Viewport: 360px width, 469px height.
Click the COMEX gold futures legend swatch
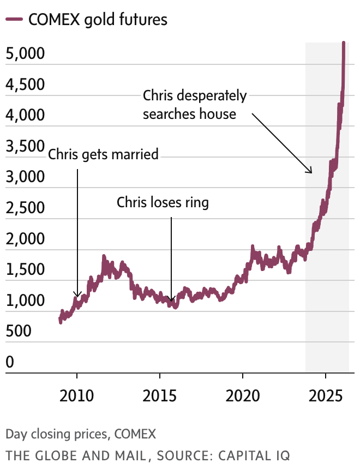14,20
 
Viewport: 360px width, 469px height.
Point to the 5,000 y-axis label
25,54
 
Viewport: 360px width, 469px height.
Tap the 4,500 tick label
25,85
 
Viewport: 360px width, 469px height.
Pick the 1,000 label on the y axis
25,300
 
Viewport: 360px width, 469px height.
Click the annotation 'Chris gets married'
103,154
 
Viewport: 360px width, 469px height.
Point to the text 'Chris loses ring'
163,203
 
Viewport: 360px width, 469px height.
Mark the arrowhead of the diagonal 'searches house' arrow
310,171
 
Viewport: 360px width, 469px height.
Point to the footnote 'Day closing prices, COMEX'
81,434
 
